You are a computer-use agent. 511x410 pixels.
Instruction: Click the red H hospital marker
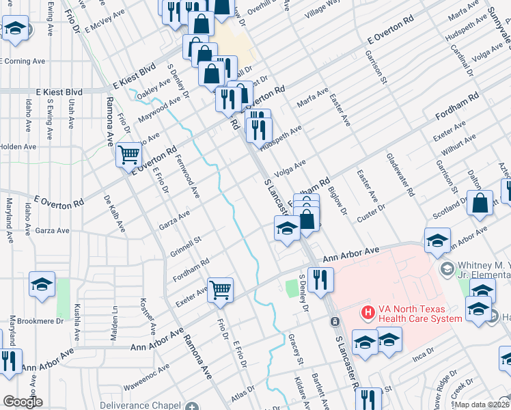tap(368, 312)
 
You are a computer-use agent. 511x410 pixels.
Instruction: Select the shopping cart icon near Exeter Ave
tap(220, 290)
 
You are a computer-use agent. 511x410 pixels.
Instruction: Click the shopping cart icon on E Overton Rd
tap(128, 155)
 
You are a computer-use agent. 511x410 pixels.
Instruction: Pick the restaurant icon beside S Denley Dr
tap(318, 279)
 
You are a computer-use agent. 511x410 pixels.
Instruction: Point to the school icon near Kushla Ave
tap(42, 284)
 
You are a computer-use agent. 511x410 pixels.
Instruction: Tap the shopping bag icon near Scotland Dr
tap(481, 203)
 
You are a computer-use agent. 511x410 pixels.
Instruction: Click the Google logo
tap(22, 402)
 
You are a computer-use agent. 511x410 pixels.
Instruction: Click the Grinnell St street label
tap(186, 245)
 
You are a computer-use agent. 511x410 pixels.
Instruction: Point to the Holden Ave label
tap(18, 146)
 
